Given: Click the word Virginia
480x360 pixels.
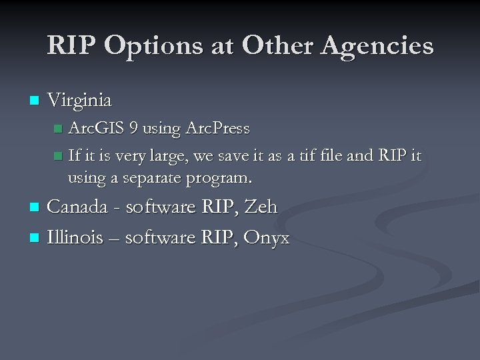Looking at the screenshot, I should (79, 100).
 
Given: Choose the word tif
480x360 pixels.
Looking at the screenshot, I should (306, 156).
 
